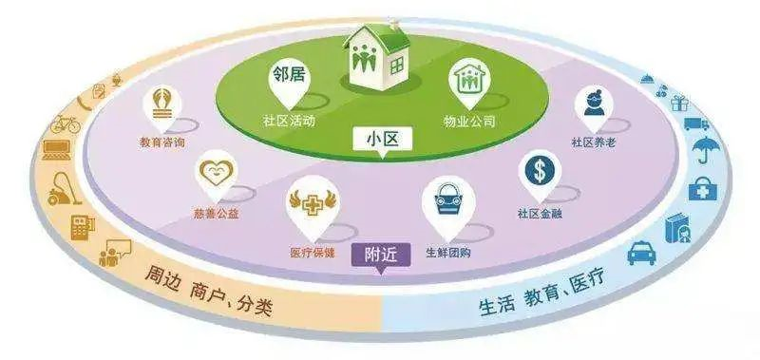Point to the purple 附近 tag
(379, 256)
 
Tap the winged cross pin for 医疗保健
(311, 207)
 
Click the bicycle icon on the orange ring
(66, 123)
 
